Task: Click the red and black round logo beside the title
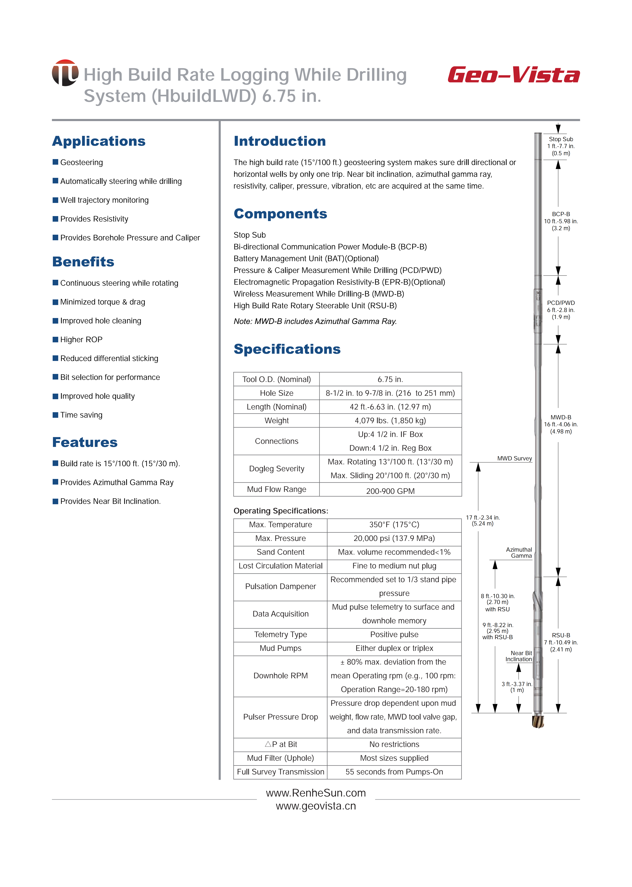coord(65,73)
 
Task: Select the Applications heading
coord(99,141)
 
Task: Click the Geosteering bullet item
coord(81,162)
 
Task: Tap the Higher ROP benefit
coord(81,340)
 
